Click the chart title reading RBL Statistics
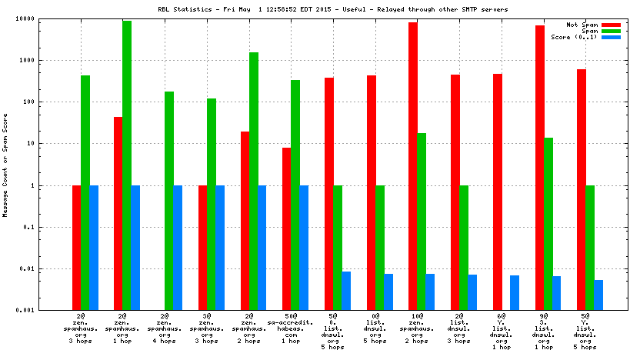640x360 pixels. pyautogui.click(x=320, y=8)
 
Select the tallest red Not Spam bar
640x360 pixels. pyautogui.click(x=413, y=166)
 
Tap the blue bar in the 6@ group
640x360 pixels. pyautogui.click(x=515, y=292)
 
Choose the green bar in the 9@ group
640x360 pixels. pyautogui.click(x=548, y=224)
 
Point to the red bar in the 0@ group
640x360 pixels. pyautogui.click(x=372, y=192)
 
